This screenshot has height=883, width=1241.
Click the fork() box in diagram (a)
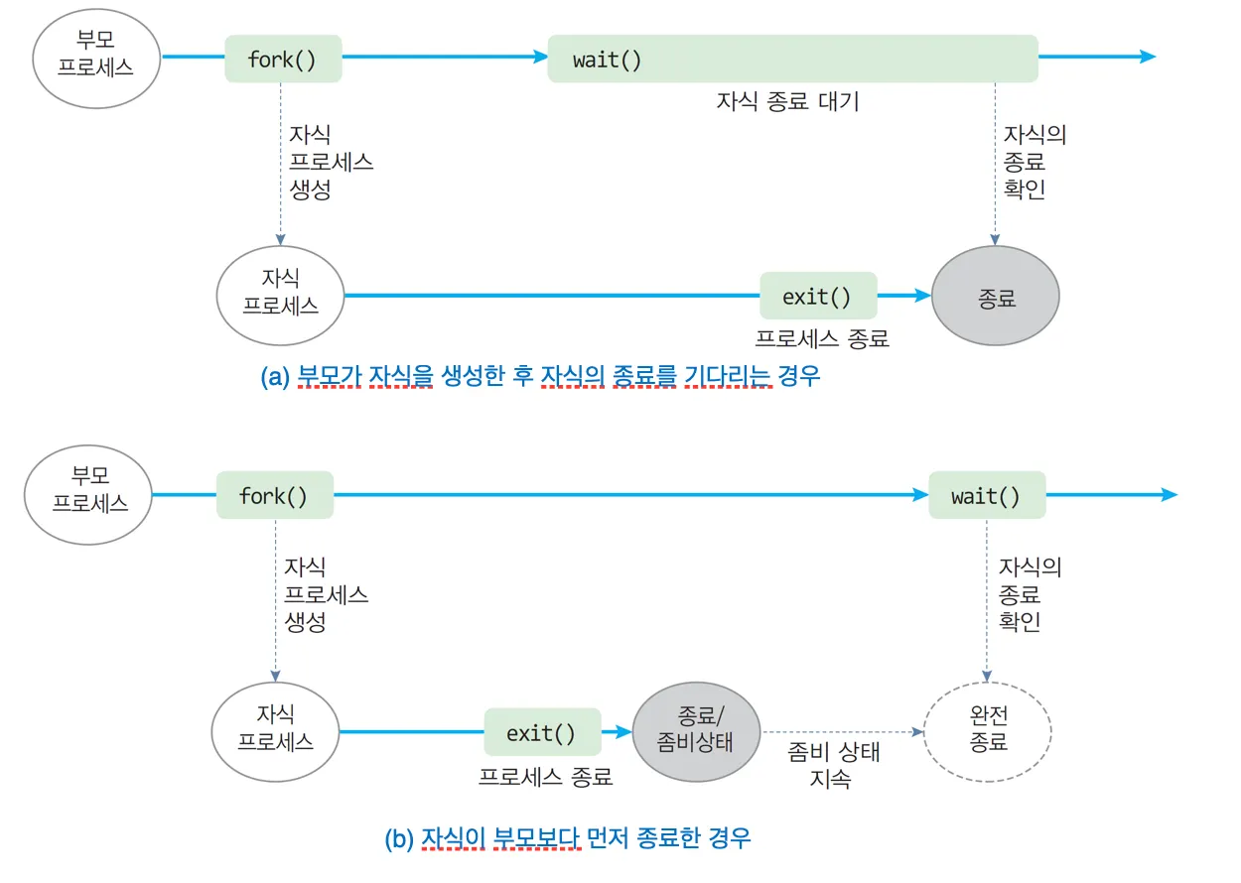[x=283, y=59]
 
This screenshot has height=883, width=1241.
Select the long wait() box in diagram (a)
[x=792, y=59]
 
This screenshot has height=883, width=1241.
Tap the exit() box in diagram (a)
[x=818, y=296]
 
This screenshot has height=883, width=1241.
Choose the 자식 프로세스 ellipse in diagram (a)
[x=281, y=294]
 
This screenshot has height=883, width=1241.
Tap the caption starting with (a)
[x=540, y=377]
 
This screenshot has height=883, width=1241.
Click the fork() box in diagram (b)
[x=274, y=495]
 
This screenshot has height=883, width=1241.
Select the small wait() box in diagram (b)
[x=986, y=495]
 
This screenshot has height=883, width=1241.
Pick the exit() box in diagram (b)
[x=542, y=733]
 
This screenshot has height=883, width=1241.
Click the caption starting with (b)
[x=568, y=838]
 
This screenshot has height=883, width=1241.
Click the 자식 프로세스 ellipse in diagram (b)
[x=275, y=729]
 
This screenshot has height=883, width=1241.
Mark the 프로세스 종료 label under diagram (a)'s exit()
[x=821, y=338]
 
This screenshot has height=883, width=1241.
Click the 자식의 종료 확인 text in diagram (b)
[x=1030, y=595]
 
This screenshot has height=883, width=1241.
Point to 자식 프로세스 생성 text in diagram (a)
[x=331, y=163]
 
